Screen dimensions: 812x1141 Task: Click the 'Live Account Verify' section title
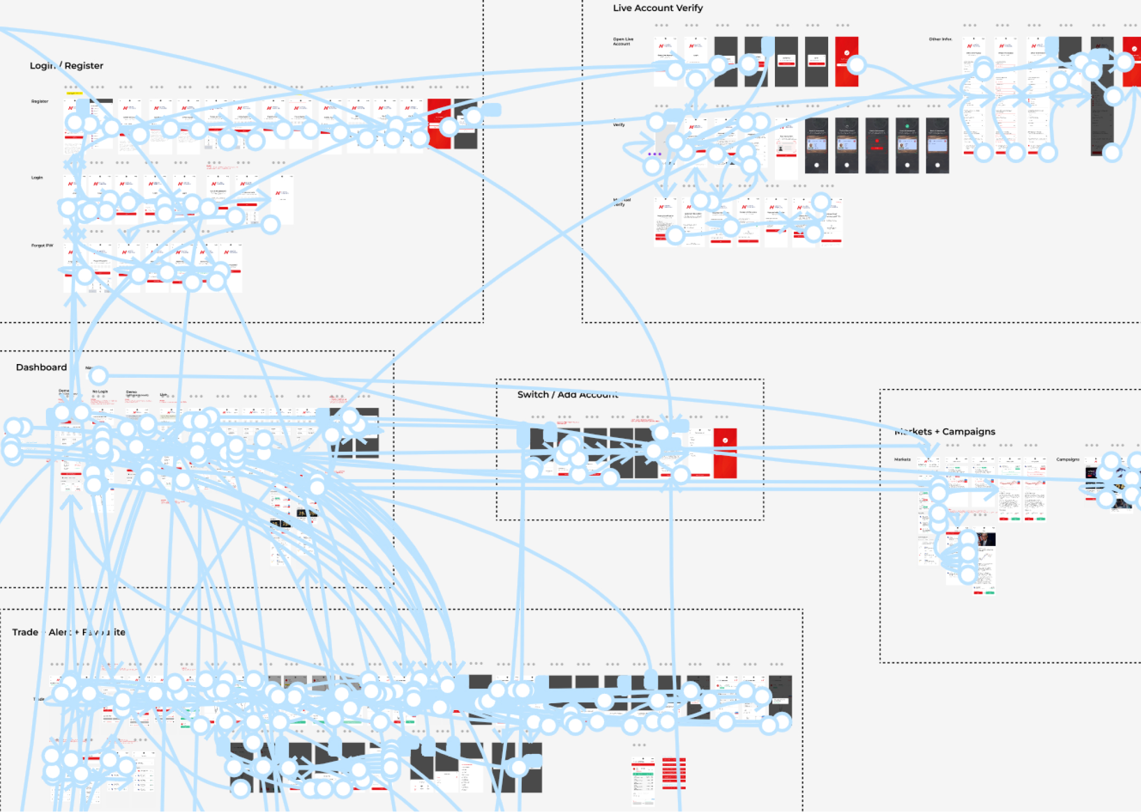[x=657, y=8]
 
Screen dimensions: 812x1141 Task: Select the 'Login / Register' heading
[x=66, y=65]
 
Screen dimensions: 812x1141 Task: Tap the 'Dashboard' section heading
[x=41, y=367]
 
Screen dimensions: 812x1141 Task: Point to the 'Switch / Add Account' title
[x=568, y=395]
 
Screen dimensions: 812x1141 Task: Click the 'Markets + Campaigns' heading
[x=945, y=432]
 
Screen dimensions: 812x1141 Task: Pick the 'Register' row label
[x=40, y=101]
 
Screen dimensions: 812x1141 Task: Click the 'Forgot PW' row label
[x=42, y=245]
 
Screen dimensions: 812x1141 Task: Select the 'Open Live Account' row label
[x=623, y=41]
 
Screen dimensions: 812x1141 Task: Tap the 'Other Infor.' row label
[x=940, y=39]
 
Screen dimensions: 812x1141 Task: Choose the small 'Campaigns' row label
[x=1067, y=460]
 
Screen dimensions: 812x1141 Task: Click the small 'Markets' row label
[x=902, y=460]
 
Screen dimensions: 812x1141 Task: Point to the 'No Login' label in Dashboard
[x=100, y=391]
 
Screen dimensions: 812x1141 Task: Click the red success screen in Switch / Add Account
[x=725, y=454]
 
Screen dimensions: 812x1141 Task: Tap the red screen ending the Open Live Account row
[x=846, y=62]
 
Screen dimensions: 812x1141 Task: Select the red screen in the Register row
[x=439, y=124]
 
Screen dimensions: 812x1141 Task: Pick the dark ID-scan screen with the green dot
[x=907, y=146]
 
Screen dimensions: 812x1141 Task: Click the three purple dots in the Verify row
[x=654, y=154]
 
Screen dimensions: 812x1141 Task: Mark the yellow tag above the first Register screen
[x=74, y=93]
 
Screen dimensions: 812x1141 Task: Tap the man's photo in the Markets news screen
[x=985, y=539]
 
